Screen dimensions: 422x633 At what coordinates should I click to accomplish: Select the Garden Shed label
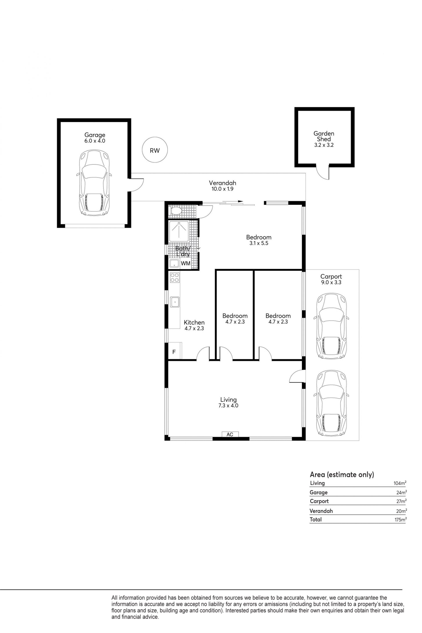point(324,136)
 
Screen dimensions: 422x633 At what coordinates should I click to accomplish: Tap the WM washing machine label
point(186,263)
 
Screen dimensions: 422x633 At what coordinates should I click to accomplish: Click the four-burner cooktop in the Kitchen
point(175,278)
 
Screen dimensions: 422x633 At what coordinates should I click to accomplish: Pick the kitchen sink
point(175,302)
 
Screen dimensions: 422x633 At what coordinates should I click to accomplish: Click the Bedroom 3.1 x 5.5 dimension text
point(259,243)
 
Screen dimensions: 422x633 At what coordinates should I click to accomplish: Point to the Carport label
point(331,277)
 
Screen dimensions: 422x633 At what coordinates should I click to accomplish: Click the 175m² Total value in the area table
point(400,519)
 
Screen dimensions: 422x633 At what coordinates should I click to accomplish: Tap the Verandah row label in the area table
point(321,511)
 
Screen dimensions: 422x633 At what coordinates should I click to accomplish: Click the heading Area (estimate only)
point(342,475)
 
